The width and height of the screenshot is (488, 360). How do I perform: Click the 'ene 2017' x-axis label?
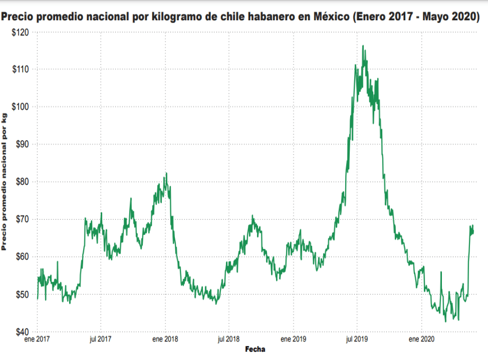point(37,339)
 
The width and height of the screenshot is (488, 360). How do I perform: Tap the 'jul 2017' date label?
point(101,339)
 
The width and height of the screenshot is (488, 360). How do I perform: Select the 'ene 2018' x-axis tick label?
point(165,339)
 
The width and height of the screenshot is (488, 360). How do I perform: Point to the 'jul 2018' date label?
point(229,339)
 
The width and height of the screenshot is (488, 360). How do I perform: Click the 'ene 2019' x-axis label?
point(293,339)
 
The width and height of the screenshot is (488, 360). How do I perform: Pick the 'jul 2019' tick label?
point(357,339)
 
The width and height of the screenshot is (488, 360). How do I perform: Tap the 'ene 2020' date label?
point(421,339)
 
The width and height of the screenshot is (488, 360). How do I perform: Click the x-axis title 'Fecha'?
point(255,349)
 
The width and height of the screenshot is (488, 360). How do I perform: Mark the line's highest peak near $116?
point(363,46)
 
